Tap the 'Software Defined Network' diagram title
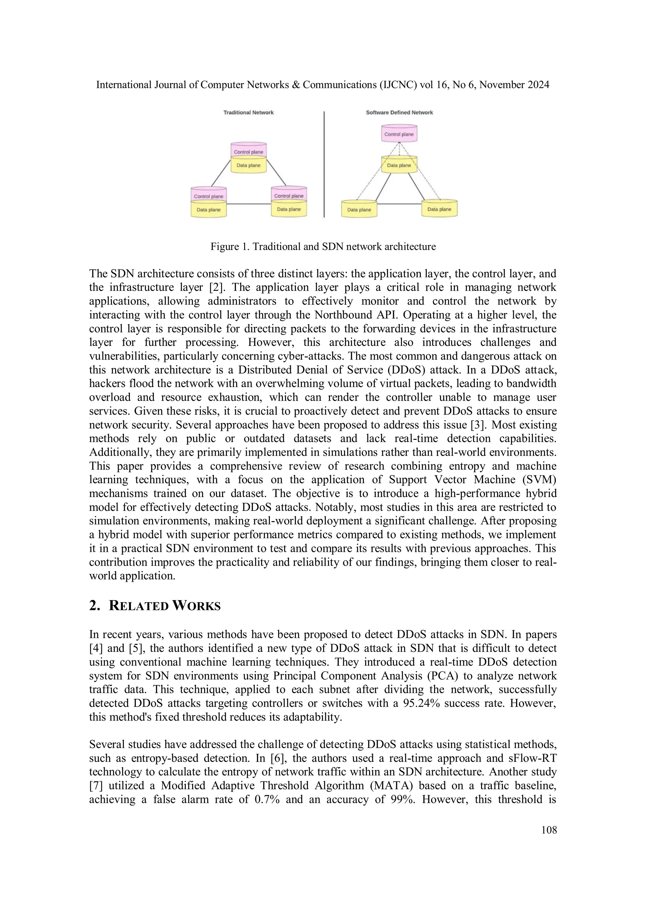(x=399, y=113)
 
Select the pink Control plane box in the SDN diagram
(x=399, y=134)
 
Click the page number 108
(x=549, y=830)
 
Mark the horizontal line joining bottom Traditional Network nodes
(x=249, y=204)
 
